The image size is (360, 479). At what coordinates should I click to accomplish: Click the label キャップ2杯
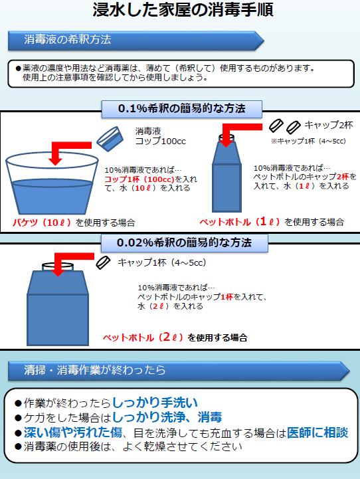click(329, 125)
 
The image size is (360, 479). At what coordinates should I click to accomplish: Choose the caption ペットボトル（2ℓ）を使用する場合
click(175, 337)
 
